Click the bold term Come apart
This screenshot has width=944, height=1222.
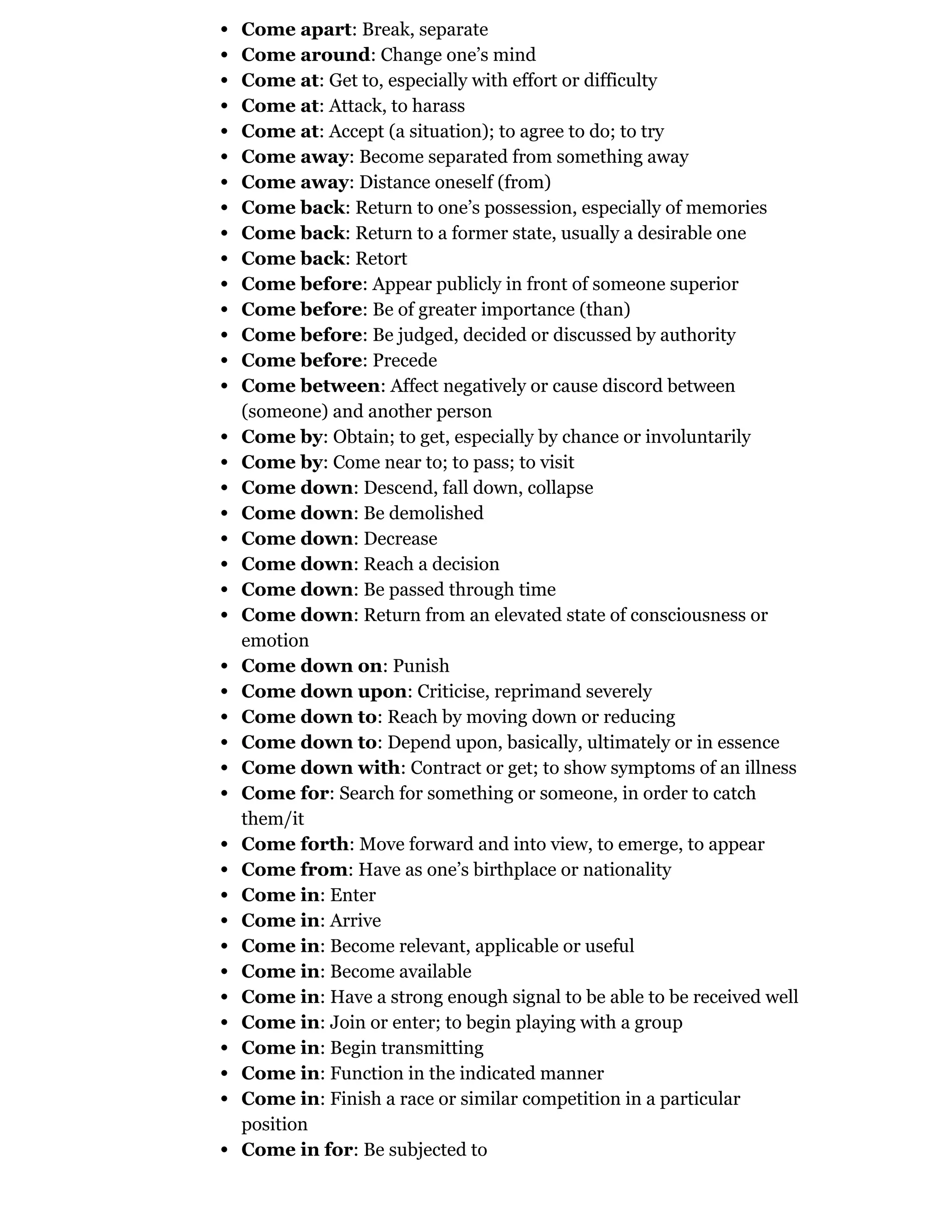click(x=296, y=30)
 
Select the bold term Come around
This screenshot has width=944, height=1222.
click(x=305, y=55)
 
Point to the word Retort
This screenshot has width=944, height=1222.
click(x=381, y=259)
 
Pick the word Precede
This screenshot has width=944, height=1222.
click(x=405, y=360)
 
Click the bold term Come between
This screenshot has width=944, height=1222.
click(x=310, y=386)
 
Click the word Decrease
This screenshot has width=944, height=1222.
click(x=401, y=539)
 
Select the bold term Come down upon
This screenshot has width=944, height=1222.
click(x=324, y=692)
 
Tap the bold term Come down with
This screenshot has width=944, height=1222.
click(x=320, y=768)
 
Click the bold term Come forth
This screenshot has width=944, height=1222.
click(x=295, y=844)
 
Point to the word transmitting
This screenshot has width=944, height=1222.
click(x=438, y=1047)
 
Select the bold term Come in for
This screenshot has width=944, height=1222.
click(x=297, y=1149)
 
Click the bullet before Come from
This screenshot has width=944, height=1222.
click(x=225, y=870)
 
